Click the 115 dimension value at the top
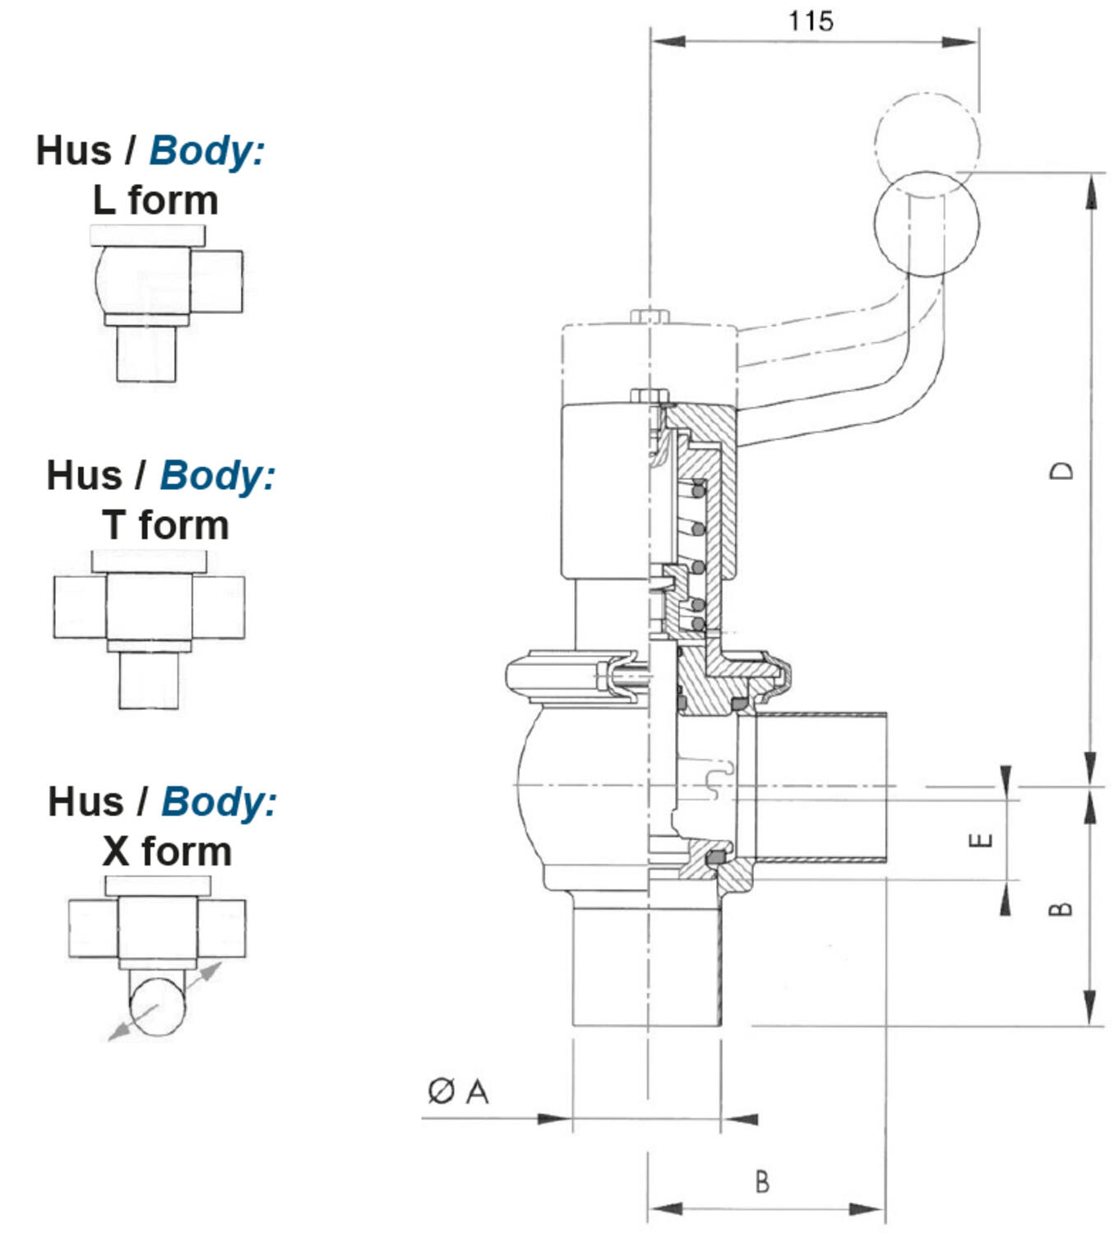click(811, 21)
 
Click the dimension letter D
click(1062, 470)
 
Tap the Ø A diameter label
click(458, 1092)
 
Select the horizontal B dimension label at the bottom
click(762, 1182)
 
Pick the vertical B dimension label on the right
click(1062, 908)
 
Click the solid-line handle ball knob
click(927, 224)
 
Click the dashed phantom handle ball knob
click(927, 136)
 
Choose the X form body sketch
click(156, 954)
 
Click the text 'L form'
click(155, 201)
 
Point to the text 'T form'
click(165, 525)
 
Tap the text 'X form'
click(167, 851)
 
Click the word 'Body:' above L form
click(207, 150)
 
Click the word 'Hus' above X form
click(86, 801)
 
